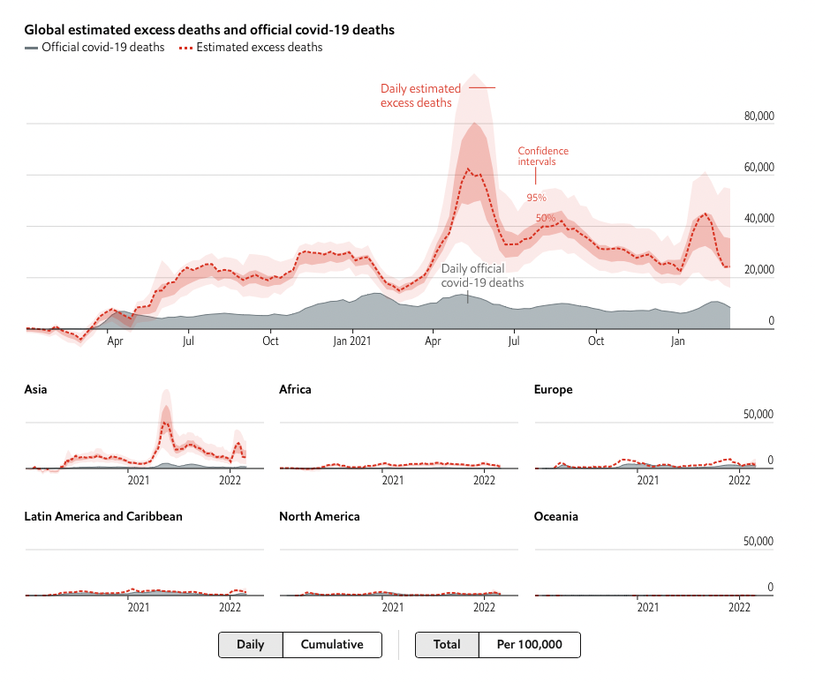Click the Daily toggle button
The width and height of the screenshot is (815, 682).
pos(251,645)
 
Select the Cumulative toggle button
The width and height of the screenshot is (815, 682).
pos(332,645)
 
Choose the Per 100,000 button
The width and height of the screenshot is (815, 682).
pos(530,645)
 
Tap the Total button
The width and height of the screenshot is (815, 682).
pos(447,645)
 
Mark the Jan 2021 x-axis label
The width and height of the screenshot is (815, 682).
pos(352,341)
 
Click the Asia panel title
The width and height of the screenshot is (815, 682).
pos(36,389)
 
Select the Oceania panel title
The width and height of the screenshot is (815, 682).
pos(556,516)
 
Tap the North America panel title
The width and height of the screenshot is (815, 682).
pos(319,516)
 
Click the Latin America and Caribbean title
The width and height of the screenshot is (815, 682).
pos(103,516)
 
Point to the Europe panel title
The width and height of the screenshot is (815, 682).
pos(554,389)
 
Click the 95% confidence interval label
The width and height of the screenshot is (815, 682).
pos(537,198)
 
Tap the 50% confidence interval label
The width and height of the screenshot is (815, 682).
pos(546,217)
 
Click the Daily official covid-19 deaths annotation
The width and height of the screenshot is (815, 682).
pos(482,275)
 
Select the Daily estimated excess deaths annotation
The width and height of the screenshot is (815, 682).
pos(420,95)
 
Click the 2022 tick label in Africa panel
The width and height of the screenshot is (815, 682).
pos(484,481)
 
